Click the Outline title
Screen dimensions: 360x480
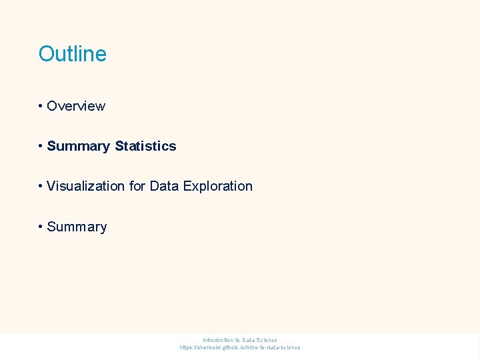[72, 54]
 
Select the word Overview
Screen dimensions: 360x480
[76, 106]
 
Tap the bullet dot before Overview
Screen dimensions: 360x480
[41, 106]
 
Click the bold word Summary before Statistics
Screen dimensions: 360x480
[79, 146]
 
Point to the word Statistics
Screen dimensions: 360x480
[145, 146]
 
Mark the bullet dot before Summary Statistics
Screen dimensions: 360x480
[41, 146]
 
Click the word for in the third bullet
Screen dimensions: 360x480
[137, 186]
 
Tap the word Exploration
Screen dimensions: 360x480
[217, 186]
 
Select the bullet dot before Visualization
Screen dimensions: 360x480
[41, 186]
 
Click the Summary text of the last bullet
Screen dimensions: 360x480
[77, 227]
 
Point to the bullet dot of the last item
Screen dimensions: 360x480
[41, 227]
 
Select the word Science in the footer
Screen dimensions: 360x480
[267, 340]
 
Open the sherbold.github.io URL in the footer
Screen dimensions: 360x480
[240, 347]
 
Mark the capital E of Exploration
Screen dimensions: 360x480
[186, 186]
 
